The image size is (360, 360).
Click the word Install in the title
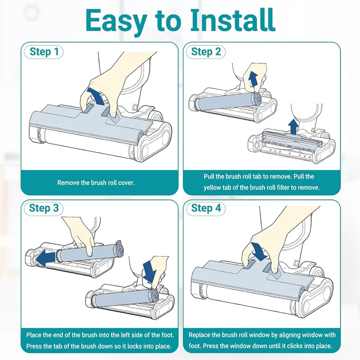(232, 21)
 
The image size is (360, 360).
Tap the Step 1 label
(44, 52)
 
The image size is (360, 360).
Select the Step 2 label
(206, 52)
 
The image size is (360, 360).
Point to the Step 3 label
(44, 208)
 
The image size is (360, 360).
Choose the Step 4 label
(206, 208)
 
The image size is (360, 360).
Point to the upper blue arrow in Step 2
(253, 78)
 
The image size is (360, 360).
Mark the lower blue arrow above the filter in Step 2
(293, 127)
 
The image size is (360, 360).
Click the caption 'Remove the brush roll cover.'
(96, 183)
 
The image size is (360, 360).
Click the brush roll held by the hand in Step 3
(90, 252)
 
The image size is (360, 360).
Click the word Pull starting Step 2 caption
(209, 176)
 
